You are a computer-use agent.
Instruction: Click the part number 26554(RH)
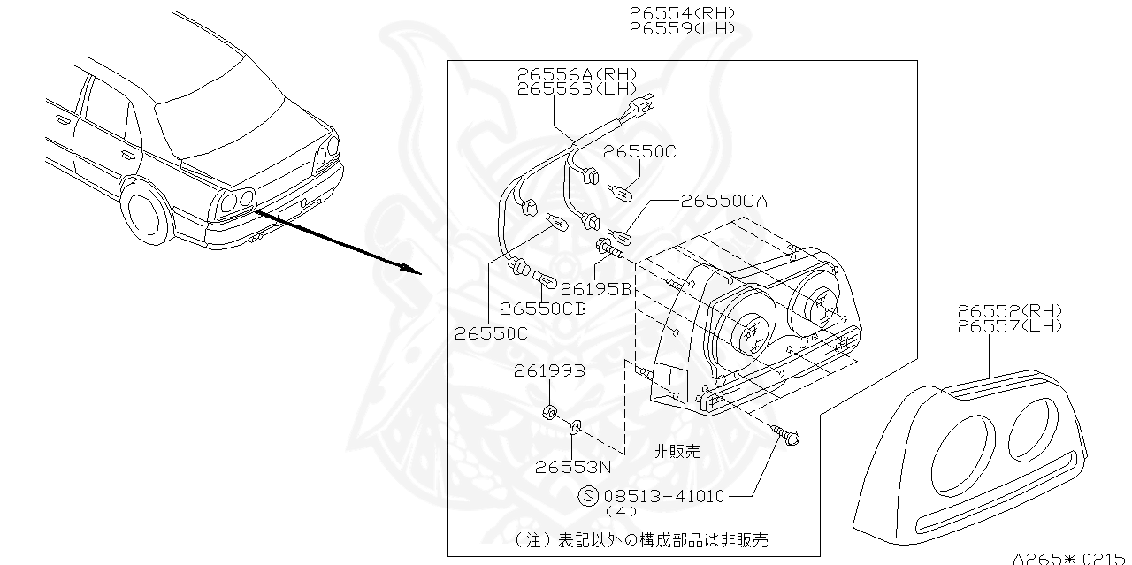point(681,13)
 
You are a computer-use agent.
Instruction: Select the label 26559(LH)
point(681,28)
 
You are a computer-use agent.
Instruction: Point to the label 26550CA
point(723,201)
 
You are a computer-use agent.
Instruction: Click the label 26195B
point(595,288)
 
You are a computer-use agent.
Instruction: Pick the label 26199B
point(548,370)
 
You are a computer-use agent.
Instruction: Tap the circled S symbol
point(587,496)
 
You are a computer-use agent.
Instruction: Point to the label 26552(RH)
point(1009,310)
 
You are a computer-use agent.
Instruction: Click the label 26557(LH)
point(1009,325)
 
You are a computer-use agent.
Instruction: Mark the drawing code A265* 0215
point(1070,558)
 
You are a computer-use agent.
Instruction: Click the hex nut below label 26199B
point(547,410)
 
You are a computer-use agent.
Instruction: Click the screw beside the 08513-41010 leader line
point(785,433)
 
